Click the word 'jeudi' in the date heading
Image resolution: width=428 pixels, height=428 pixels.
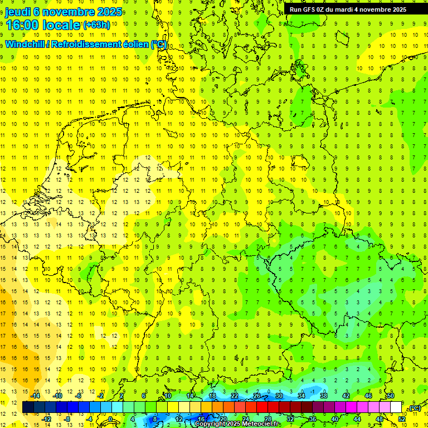(21, 12)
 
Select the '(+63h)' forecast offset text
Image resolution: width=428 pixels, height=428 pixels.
(97, 25)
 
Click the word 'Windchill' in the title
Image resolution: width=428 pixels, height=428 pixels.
(26, 45)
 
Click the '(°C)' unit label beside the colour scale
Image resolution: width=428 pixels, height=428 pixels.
(414, 408)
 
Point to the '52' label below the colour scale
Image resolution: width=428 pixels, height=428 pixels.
(402, 419)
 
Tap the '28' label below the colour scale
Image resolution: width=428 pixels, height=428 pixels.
(268, 419)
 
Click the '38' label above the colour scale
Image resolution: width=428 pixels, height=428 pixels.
(324, 395)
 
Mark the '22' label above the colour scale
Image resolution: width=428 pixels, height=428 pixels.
(235, 395)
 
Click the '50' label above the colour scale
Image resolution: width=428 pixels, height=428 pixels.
(391, 395)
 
